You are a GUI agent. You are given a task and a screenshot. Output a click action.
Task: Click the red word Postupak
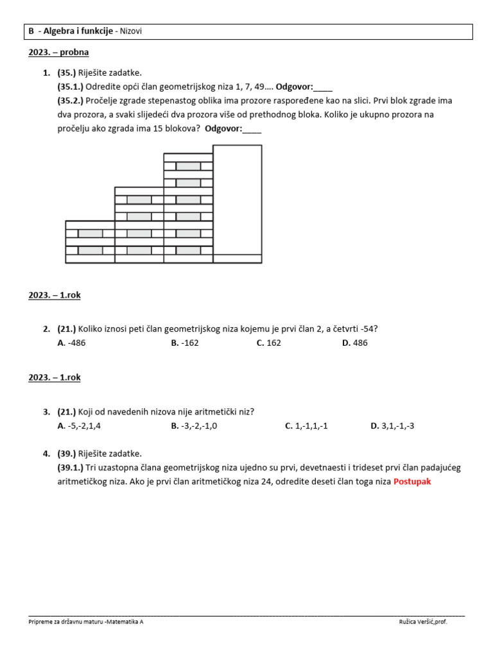(x=412, y=481)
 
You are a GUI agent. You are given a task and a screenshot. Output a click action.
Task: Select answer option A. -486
(x=71, y=343)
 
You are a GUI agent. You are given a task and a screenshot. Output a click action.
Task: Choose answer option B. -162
(x=185, y=343)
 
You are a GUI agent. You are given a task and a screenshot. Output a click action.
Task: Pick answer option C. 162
(x=268, y=343)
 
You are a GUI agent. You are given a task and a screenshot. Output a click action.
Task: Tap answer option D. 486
(x=355, y=343)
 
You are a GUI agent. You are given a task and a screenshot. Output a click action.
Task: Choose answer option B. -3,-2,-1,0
(x=194, y=426)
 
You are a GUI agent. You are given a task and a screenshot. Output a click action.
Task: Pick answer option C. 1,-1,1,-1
(x=306, y=426)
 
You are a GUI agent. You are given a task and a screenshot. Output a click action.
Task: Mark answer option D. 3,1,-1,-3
(x=392, y=426)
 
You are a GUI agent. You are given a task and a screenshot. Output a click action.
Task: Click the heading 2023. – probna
(x=58, y=53)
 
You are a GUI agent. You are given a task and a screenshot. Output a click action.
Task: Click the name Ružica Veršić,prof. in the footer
(x=423, y=622)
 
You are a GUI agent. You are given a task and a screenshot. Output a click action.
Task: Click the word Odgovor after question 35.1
(x=294, y=87)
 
